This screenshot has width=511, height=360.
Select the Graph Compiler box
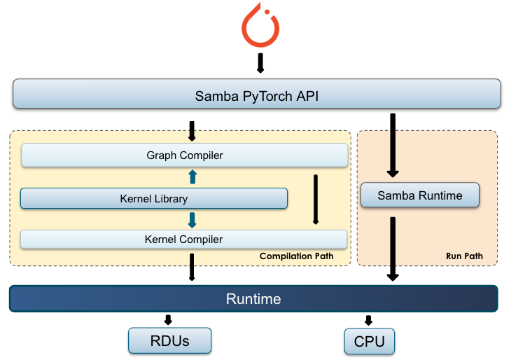tap(185, 155)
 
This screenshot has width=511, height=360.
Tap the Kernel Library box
tap(154, 199)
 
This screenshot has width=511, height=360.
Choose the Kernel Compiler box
tap(184, 240)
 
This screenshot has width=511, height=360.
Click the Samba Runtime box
tap(420, 195)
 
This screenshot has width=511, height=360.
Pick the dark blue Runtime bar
tap(253, 299)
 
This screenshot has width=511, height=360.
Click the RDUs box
tap(170, 341)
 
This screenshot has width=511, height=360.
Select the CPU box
tap(370, 341)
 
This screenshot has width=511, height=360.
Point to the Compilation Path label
tap(296, 256)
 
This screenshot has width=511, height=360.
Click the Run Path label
tap(464, 256)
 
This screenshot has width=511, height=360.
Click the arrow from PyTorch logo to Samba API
tap(260, 63)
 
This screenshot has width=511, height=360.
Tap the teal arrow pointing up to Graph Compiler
tap(192, 176)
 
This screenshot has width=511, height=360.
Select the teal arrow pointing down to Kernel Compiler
tap(192, 220)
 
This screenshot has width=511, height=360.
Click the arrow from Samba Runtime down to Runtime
tap(393, 249)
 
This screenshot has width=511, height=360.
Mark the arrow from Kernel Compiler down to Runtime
tap(192, 268)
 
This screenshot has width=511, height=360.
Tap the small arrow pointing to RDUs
tap(169, 320)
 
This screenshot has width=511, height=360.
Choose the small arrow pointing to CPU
tap(368, 320)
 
